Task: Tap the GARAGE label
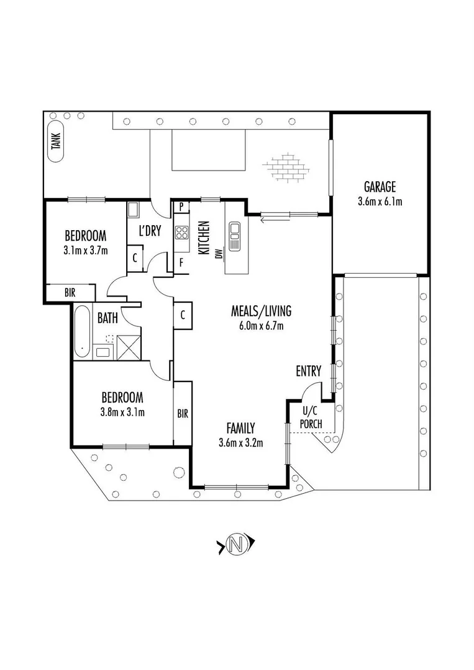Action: coord(380,187)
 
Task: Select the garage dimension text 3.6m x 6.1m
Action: coord(380,201)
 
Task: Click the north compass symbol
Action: coord(235,545)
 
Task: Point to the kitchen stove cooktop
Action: coord(182,233)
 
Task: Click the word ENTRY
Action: coord(308,372)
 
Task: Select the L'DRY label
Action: coord(150,231)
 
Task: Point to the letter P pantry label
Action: coord(180,207)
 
